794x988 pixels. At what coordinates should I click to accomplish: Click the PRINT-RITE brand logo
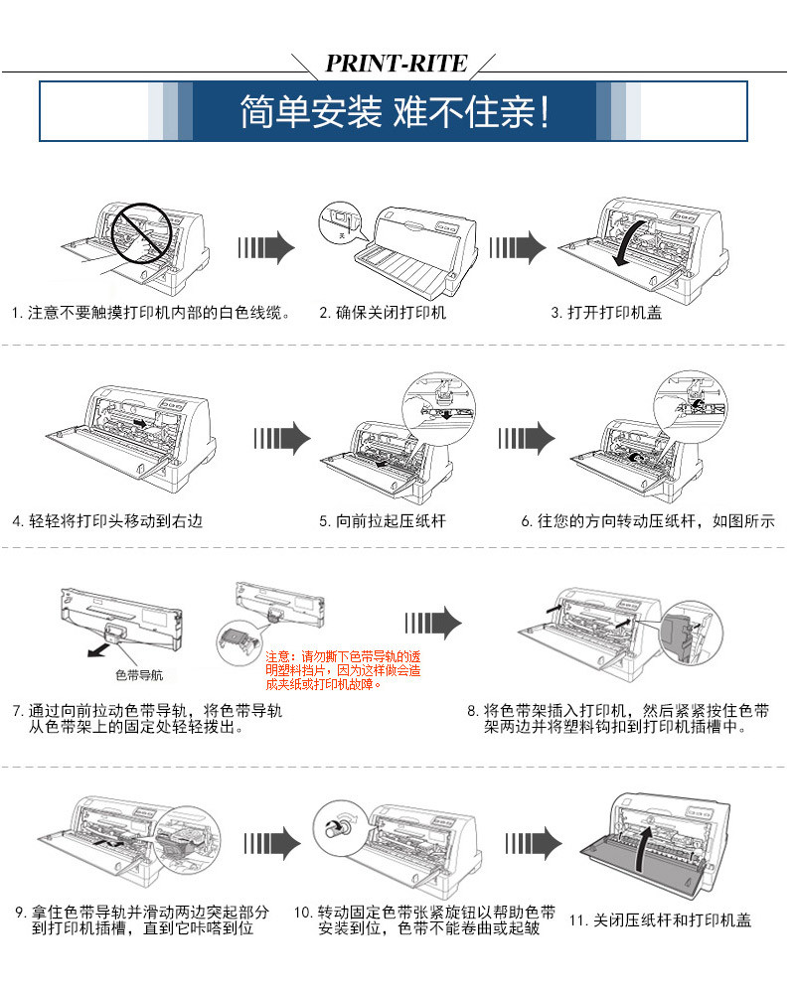397,63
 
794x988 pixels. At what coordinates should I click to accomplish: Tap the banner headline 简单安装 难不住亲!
396,112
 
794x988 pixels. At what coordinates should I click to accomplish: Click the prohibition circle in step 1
141,233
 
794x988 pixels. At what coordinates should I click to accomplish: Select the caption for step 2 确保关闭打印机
383,313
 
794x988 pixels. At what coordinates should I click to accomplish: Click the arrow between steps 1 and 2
266,247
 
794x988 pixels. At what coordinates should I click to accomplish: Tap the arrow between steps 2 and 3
518,247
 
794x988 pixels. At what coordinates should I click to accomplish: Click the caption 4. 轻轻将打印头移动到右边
107,521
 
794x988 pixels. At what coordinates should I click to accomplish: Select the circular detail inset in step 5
436,408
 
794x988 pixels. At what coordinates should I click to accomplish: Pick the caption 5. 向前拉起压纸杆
383,521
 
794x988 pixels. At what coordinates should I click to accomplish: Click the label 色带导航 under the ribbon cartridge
139,675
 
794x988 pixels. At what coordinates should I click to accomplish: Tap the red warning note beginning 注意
343,670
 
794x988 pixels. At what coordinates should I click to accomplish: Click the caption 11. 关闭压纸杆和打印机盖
660,920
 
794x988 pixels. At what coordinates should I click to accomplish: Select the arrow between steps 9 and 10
272,843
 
